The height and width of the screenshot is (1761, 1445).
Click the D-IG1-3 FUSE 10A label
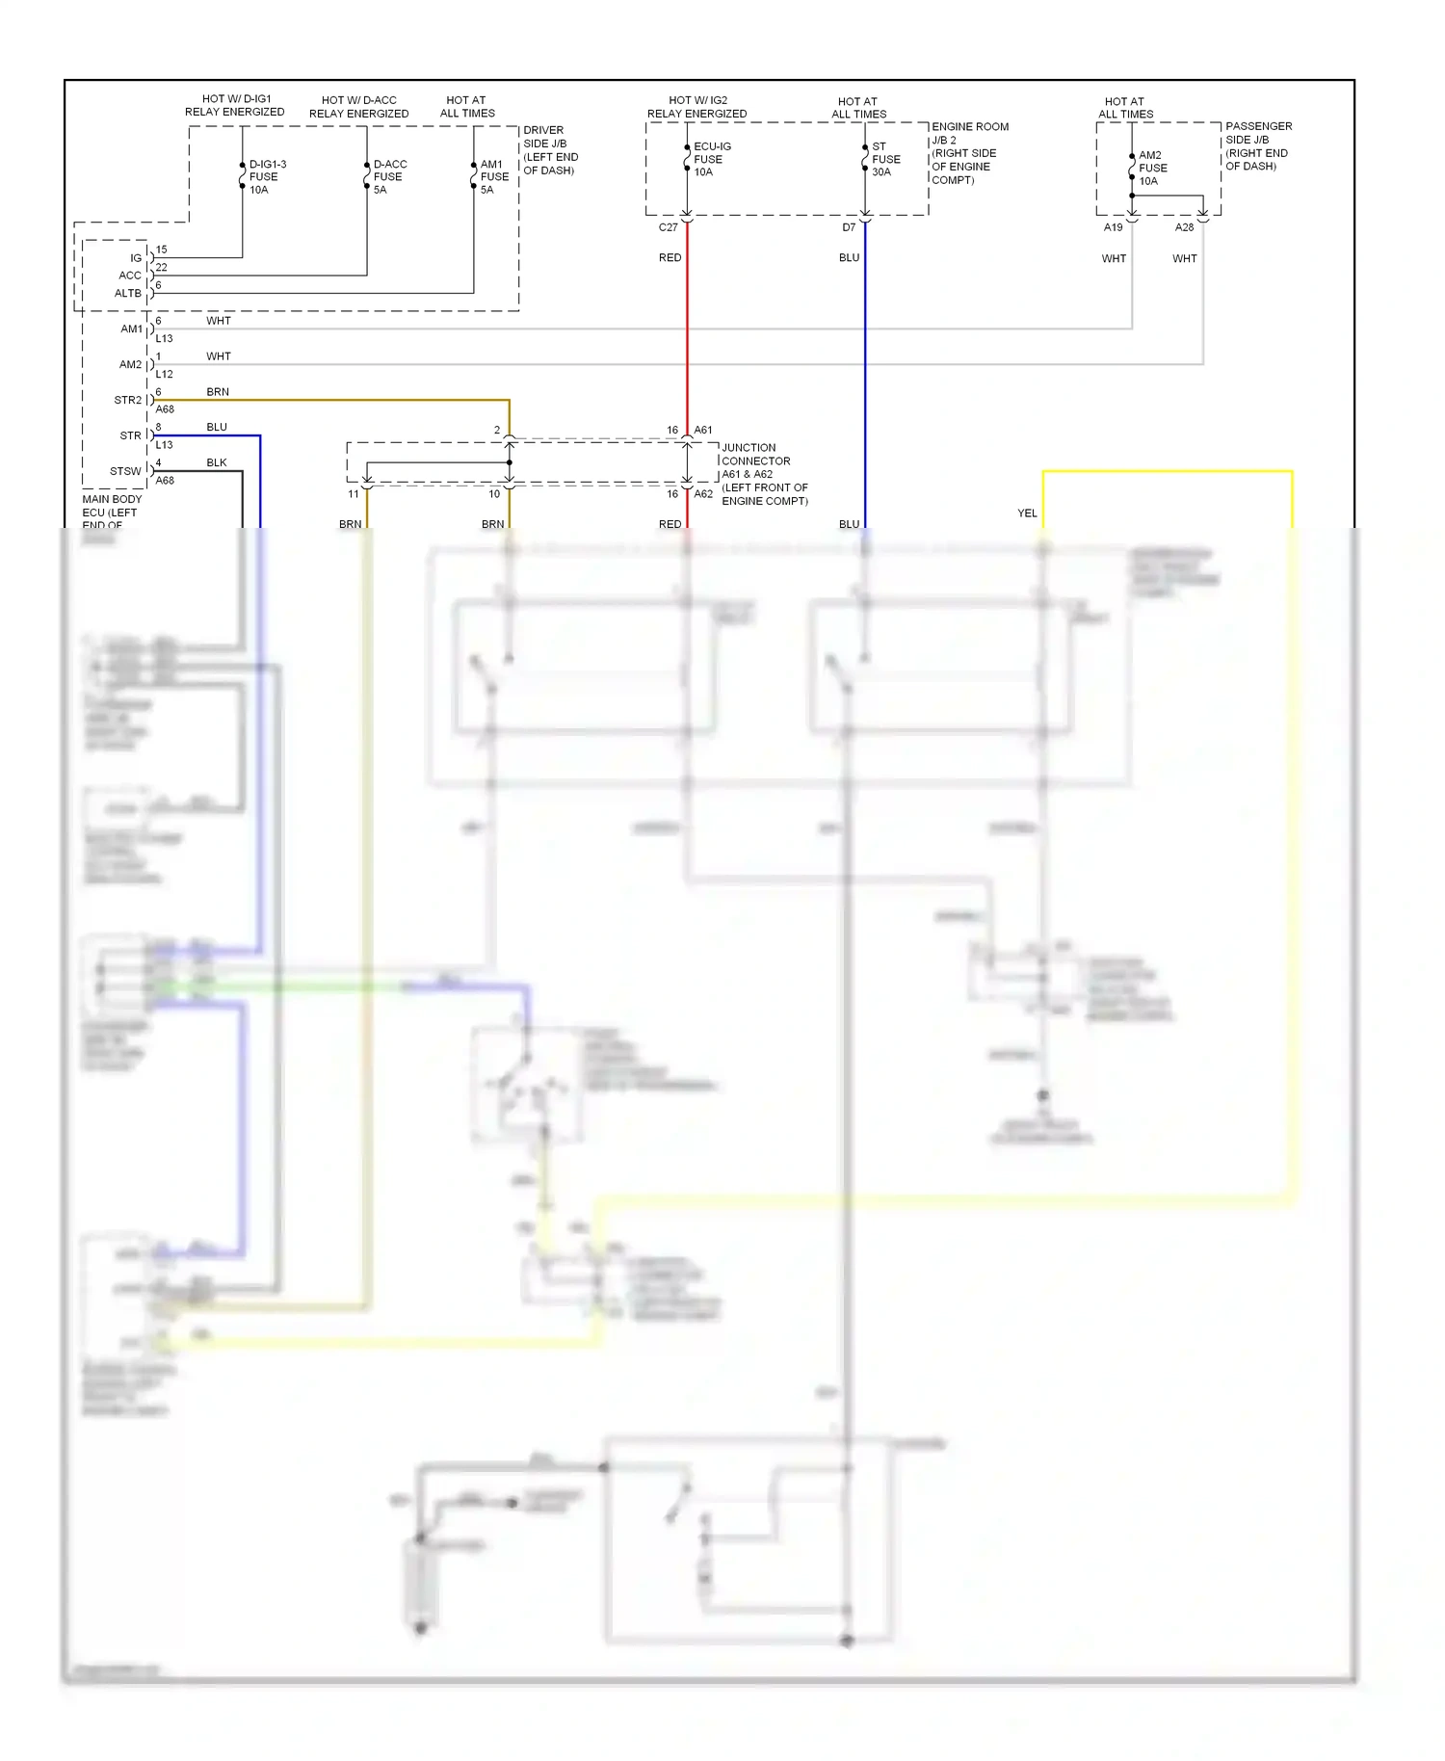click(267, 177)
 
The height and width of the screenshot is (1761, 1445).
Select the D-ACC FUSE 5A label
click(389, 177)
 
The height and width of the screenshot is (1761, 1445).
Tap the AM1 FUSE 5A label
click(494, 177)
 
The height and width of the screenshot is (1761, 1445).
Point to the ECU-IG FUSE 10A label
click(711, 159)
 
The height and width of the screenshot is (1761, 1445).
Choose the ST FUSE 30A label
click(885, 159)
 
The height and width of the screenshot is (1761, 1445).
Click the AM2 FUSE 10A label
click(1152, 168)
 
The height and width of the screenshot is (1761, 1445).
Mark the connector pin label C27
click(668, 227)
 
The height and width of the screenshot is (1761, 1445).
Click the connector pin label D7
click(849, 227)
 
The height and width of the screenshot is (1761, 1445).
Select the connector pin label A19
click(1113, 227)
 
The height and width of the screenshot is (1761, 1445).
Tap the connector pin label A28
click(1184, 227)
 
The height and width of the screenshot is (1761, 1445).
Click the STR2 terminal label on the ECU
click(127, 400)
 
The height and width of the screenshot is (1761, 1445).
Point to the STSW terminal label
click(125, 471)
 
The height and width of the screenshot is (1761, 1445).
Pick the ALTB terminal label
click(127, 293)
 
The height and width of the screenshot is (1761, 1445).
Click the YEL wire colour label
click(1027, 513)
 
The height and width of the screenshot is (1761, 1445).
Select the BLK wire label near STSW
click(217, 462)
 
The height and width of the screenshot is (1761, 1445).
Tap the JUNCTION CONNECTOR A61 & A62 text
click(764, 474)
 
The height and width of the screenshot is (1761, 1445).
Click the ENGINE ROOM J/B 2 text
click(969, 153)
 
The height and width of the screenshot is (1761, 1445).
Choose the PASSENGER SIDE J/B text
click(1257, 146)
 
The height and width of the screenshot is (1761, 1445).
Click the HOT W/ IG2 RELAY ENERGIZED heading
click(696, 107)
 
